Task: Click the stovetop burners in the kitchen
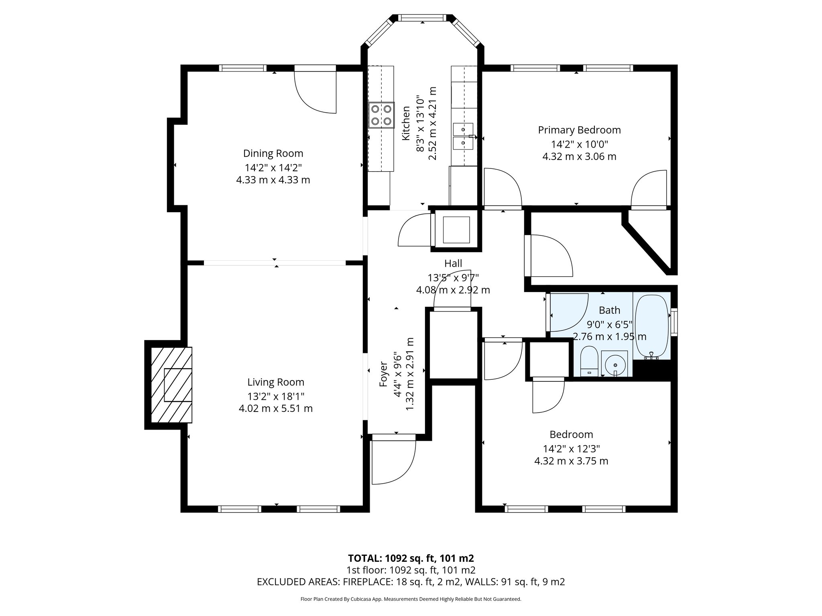pyautogui.click(x=381, y=115)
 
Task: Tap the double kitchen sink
pyautogui.click(x=463, y=136)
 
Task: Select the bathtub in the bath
pyautogui.click(x=651, y=326)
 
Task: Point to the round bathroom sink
pyautogui.click(x=614, y=364)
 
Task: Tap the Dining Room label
pyautogui.click(x=273, y=153)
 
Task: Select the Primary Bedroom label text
pyautogui.click(x=579, y=130)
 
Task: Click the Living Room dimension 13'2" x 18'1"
pyautogui.click(x=275, y=396)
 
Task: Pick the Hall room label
pyautogui.click(x=453, y=263)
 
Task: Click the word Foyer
pyautogui.click(x=383, y=374)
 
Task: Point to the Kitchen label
pyautogui.click(x=406, y=123)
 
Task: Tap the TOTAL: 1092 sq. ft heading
pyautogui.click(x=411, y=558)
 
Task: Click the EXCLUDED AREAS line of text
pyautogui.click(x=411, y=582)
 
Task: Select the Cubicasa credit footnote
pyautogui.click(x=411, y=599)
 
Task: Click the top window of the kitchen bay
pyautogui.click(x=422, y=18)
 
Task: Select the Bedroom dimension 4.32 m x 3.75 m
pyautogui.click(x=571, y=461)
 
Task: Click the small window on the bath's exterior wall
pyautogui.click(x=674, y=322)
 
